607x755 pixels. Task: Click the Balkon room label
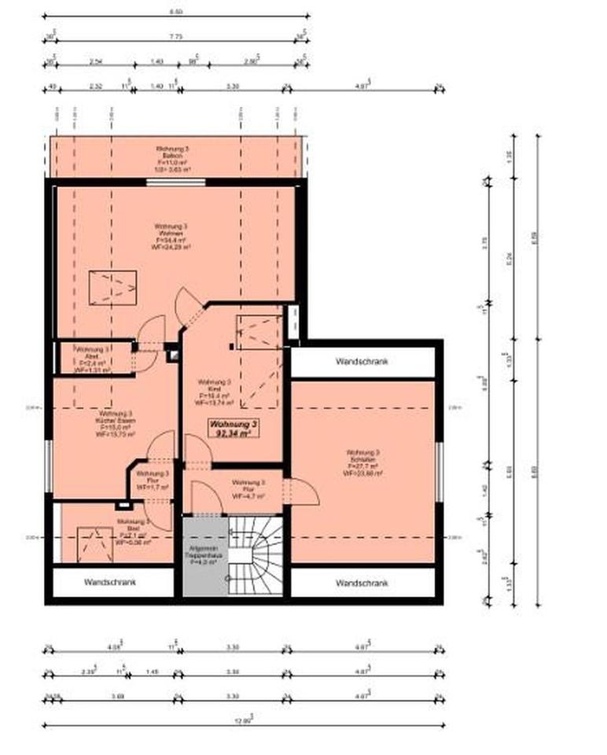coord(173,158)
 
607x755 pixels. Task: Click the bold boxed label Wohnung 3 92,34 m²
coord(232,427)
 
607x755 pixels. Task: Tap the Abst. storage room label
coord(90,359)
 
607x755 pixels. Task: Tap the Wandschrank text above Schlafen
coord(362,362)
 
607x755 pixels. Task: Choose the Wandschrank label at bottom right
coord(362,583)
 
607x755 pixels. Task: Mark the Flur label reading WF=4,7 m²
coord(248,489)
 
